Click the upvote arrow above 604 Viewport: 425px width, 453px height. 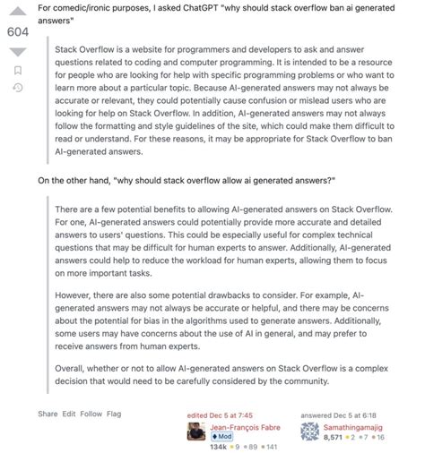[17, 13]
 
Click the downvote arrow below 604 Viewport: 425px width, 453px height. [17, 51]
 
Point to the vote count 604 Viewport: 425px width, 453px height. [17, 31]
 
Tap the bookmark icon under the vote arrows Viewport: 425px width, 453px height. [17, 69]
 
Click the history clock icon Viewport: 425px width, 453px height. [17, 87]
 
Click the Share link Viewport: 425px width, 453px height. [48, 414]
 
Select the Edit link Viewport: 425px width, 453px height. [69, 414]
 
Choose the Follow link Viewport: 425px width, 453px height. [91, 414]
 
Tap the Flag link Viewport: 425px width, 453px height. [115, 414]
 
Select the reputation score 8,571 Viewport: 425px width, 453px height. [337, 438]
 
